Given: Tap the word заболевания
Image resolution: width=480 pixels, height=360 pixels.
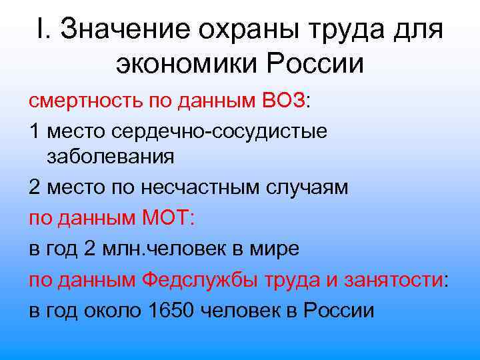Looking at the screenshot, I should [111, 158].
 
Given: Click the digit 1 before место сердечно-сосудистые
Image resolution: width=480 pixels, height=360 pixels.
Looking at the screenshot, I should [34, 130].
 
